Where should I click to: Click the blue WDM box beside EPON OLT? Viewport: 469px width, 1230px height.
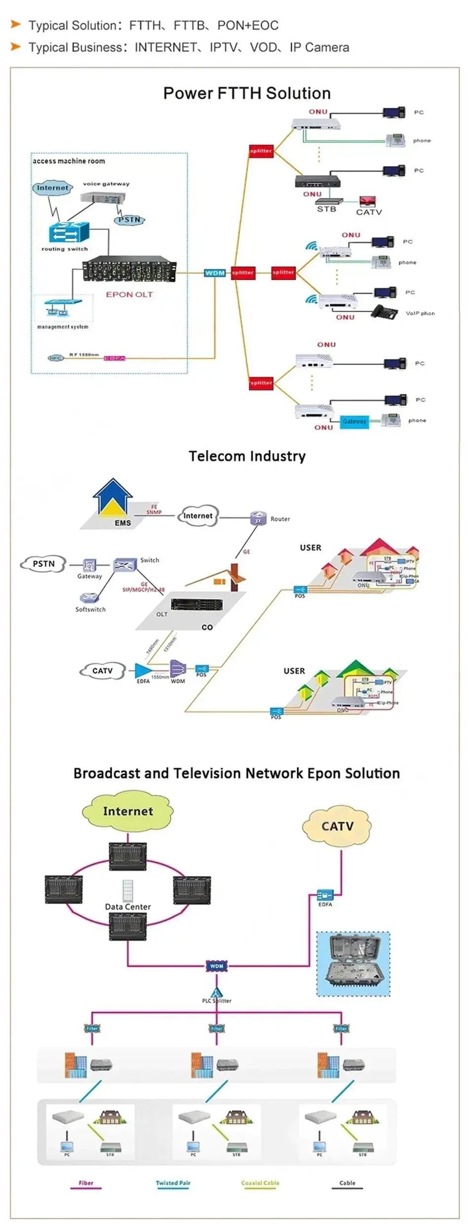tap(215, 273)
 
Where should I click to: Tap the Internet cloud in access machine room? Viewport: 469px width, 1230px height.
tap(52, 188)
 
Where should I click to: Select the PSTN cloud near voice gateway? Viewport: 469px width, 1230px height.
tap(129, 220)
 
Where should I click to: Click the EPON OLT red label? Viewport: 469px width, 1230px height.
tap(129, 294)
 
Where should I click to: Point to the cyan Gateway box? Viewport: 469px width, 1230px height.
tap(354, 421)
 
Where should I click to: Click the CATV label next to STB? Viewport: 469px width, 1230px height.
tap(369, 212)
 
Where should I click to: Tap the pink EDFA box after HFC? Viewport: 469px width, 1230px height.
tap(115, 358)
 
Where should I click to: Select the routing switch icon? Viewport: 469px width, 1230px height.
tap(69, 232)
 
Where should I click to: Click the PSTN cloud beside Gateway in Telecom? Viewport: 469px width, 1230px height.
tap(43, 564)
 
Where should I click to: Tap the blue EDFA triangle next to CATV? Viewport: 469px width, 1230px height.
tap(143, 671)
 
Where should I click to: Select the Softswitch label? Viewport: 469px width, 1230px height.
tap(90, 609)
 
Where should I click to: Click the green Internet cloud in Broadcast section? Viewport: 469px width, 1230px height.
tap(128, 811)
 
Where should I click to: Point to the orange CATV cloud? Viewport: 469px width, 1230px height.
tap(337, 826)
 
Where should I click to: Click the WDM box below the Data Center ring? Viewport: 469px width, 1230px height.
tap(217, 966)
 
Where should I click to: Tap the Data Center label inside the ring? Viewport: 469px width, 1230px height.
tap(128, 907)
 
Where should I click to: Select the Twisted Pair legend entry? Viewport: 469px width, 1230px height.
tap(173, 1183)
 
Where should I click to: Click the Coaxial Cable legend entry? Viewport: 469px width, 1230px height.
tap(260, 1183)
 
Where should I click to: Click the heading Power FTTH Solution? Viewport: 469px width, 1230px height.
tap(247, 93)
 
